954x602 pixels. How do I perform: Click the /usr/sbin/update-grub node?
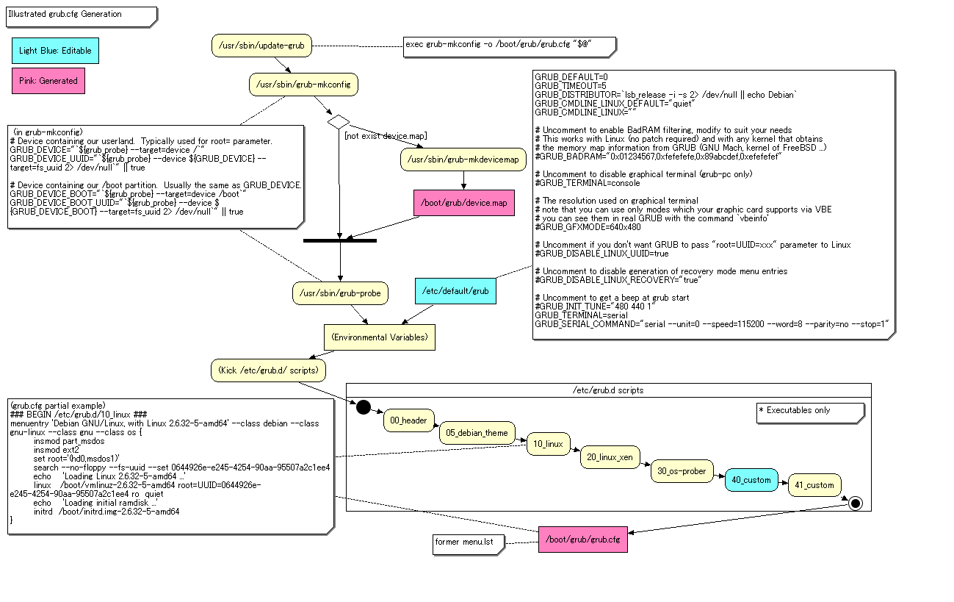pos(261,46)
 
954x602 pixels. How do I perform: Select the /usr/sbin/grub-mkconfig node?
pos(303,85)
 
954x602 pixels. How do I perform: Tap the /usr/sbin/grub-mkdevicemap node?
pos(463,160)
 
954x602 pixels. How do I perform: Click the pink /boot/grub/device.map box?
pos(463,203)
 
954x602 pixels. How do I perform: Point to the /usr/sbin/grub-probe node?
pos(340,293)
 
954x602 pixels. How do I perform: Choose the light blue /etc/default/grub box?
pos(455,291)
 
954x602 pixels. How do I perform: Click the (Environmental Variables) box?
pos(380,337)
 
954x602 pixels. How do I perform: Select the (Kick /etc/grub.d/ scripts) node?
pos(268,370)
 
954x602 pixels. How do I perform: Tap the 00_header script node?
pos(408,420)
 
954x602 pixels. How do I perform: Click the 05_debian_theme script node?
pos(477,433)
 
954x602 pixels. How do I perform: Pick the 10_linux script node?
pos(548,445)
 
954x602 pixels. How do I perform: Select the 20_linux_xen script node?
pos(610,457)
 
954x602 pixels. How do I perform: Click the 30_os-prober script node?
pos(682,471)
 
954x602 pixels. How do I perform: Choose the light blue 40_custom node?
pos(751,480)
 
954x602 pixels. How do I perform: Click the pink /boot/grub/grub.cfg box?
pos(582,540)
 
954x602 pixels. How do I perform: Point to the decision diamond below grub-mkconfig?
pos(339,121)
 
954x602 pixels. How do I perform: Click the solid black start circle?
pos(364,407)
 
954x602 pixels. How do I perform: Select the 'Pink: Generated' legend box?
pos(48,81)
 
